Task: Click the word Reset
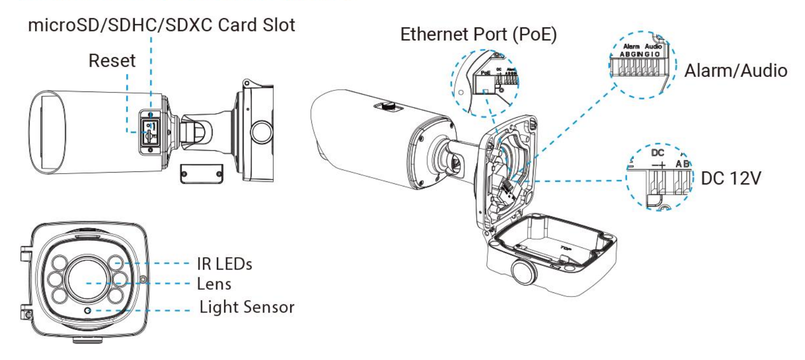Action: (112, 60)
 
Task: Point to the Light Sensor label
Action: (247, 308)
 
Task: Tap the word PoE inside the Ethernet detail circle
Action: (484, 73)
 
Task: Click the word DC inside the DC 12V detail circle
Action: (657, 154)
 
